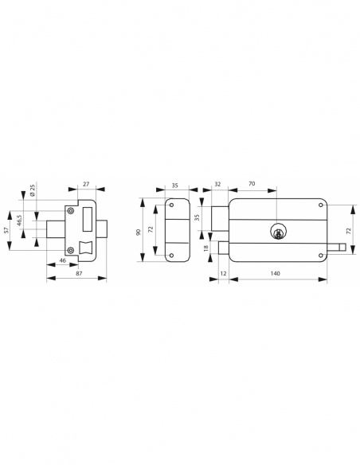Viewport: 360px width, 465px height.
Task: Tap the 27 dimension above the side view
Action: point(86,185)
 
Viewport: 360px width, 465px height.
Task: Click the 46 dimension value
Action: point(62,261)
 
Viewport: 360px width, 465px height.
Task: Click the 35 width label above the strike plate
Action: point(175,185)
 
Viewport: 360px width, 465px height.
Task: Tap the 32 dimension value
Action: point(218,185)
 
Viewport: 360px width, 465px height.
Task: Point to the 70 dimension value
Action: point(252,185)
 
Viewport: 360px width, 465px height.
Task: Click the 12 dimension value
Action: point(222,273)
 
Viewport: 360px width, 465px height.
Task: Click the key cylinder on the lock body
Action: point(278,232)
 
